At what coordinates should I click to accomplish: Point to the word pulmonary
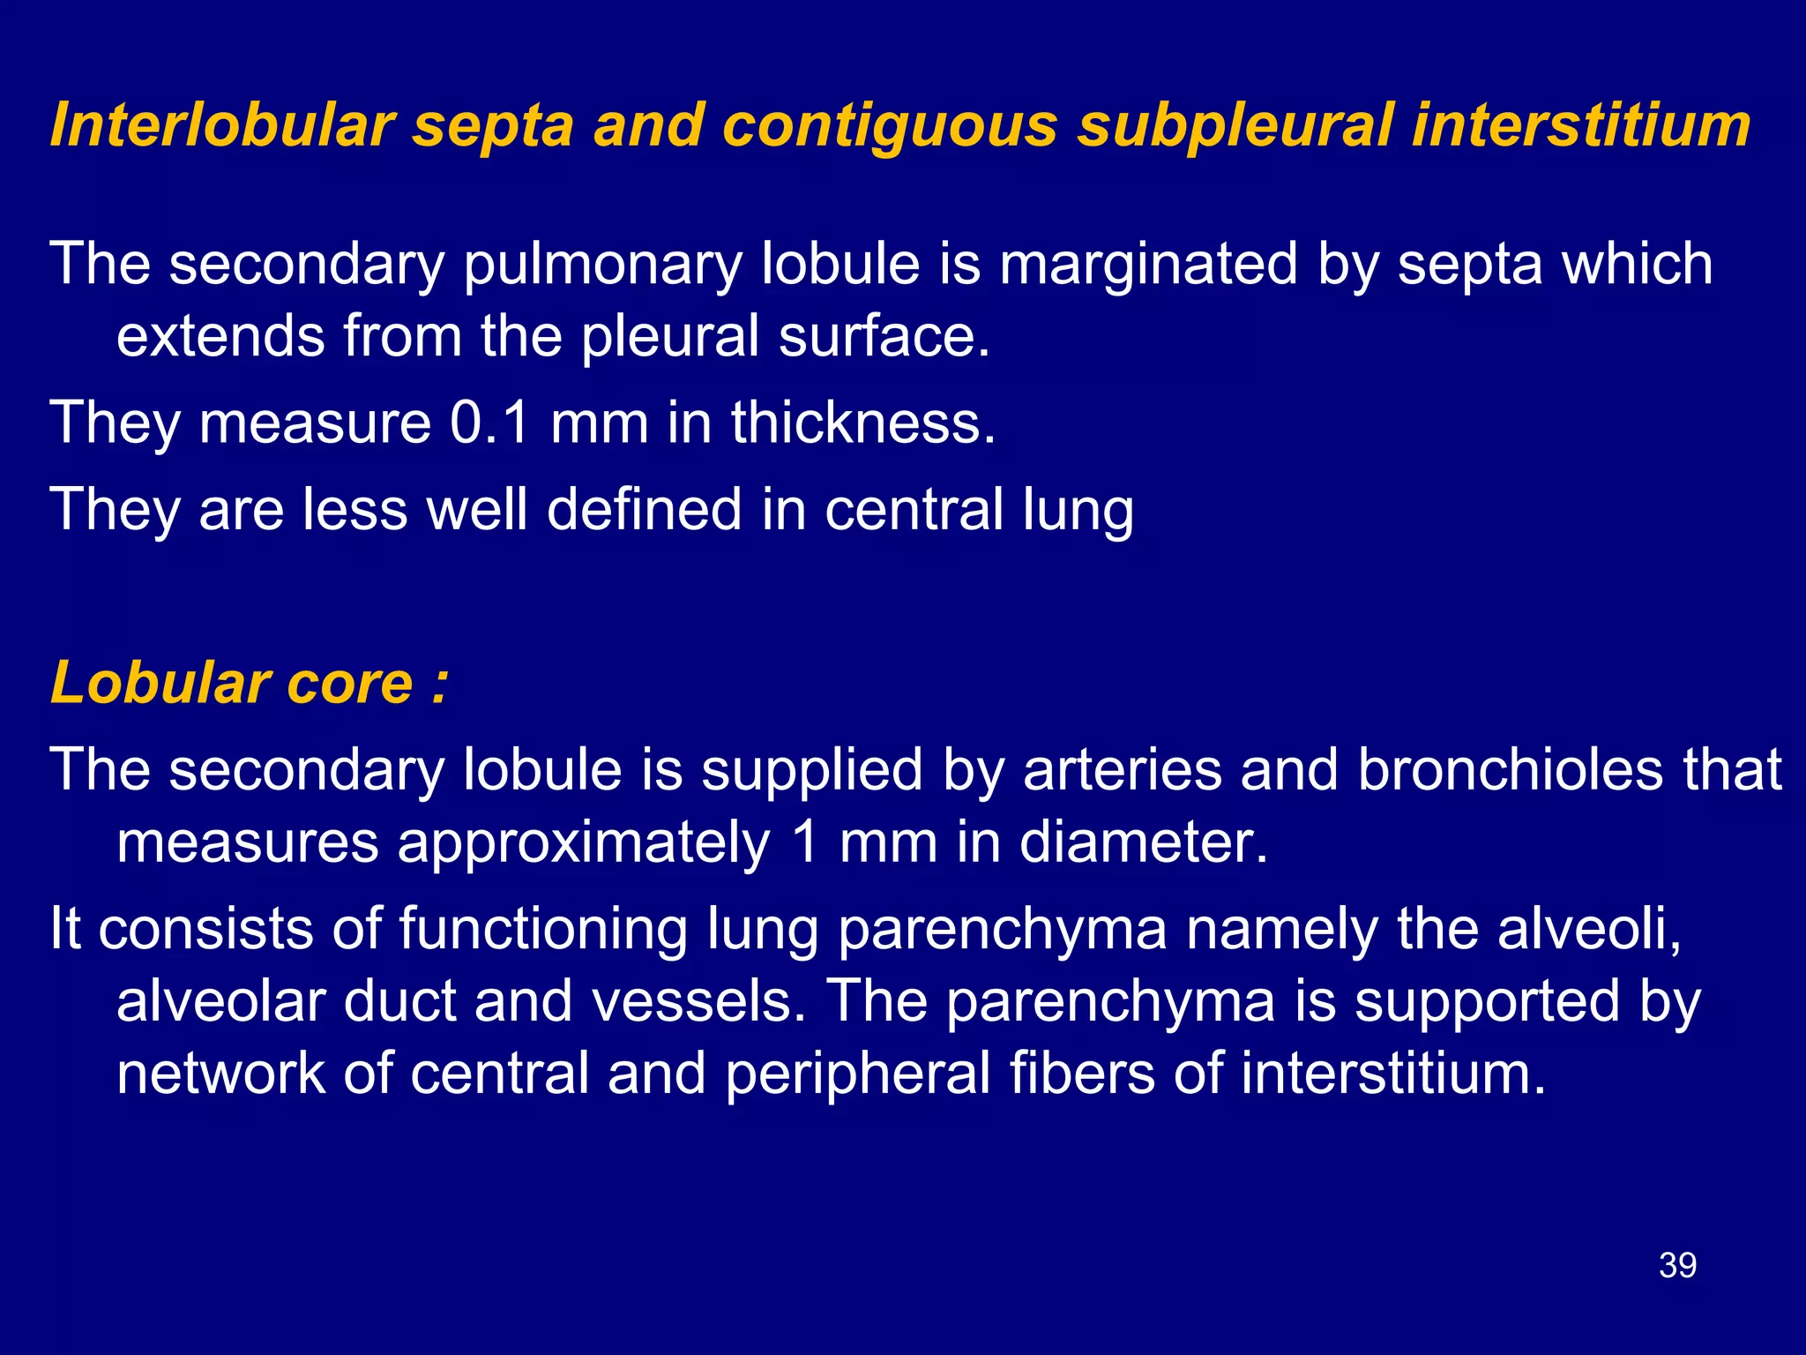pos(602,265)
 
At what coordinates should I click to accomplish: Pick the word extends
pos(220,336)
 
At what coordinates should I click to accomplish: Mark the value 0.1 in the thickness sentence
pos(489,422)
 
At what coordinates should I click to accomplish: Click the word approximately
pos(584,843)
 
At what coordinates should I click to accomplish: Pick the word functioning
pos(542,930)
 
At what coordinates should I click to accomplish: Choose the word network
pos(220,1073)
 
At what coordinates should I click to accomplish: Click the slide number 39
pos(1677,1265)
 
